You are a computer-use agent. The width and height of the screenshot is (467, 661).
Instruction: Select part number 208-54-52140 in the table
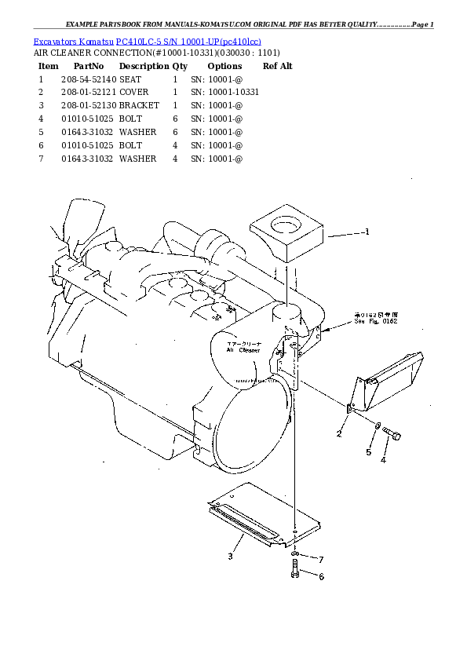click(x=88, y=79)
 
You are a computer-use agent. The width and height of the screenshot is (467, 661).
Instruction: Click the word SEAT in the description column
click(x=130, y=79)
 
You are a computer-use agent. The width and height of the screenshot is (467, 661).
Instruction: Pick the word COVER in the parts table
click(x=134, y=93)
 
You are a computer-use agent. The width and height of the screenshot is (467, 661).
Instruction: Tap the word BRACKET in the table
click(x=139, y=105)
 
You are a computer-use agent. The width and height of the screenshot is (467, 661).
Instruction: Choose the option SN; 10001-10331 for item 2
click(x=225, y=93)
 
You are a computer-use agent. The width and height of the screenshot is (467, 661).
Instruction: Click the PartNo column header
click(x=88, y=66)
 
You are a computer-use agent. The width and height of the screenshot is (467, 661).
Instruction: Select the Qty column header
click(x=180, y=66)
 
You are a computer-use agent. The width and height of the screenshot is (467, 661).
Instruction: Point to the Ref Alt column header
click(x=277, y=66)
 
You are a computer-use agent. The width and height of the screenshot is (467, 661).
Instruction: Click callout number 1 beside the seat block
click(x=366, y=232)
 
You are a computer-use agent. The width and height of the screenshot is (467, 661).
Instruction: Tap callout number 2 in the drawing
click(x=339, y=433)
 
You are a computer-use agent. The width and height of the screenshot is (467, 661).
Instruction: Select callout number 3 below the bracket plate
click(x=230, y=557)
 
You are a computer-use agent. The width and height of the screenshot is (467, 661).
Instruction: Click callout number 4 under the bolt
click(x=383, y=460)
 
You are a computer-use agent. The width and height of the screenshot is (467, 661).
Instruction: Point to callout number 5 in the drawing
click(x=367, y=452)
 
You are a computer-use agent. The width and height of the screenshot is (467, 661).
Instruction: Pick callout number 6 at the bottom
click(x=321, y=576)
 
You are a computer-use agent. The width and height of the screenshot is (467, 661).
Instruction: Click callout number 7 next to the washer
click(x=321, y=559)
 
